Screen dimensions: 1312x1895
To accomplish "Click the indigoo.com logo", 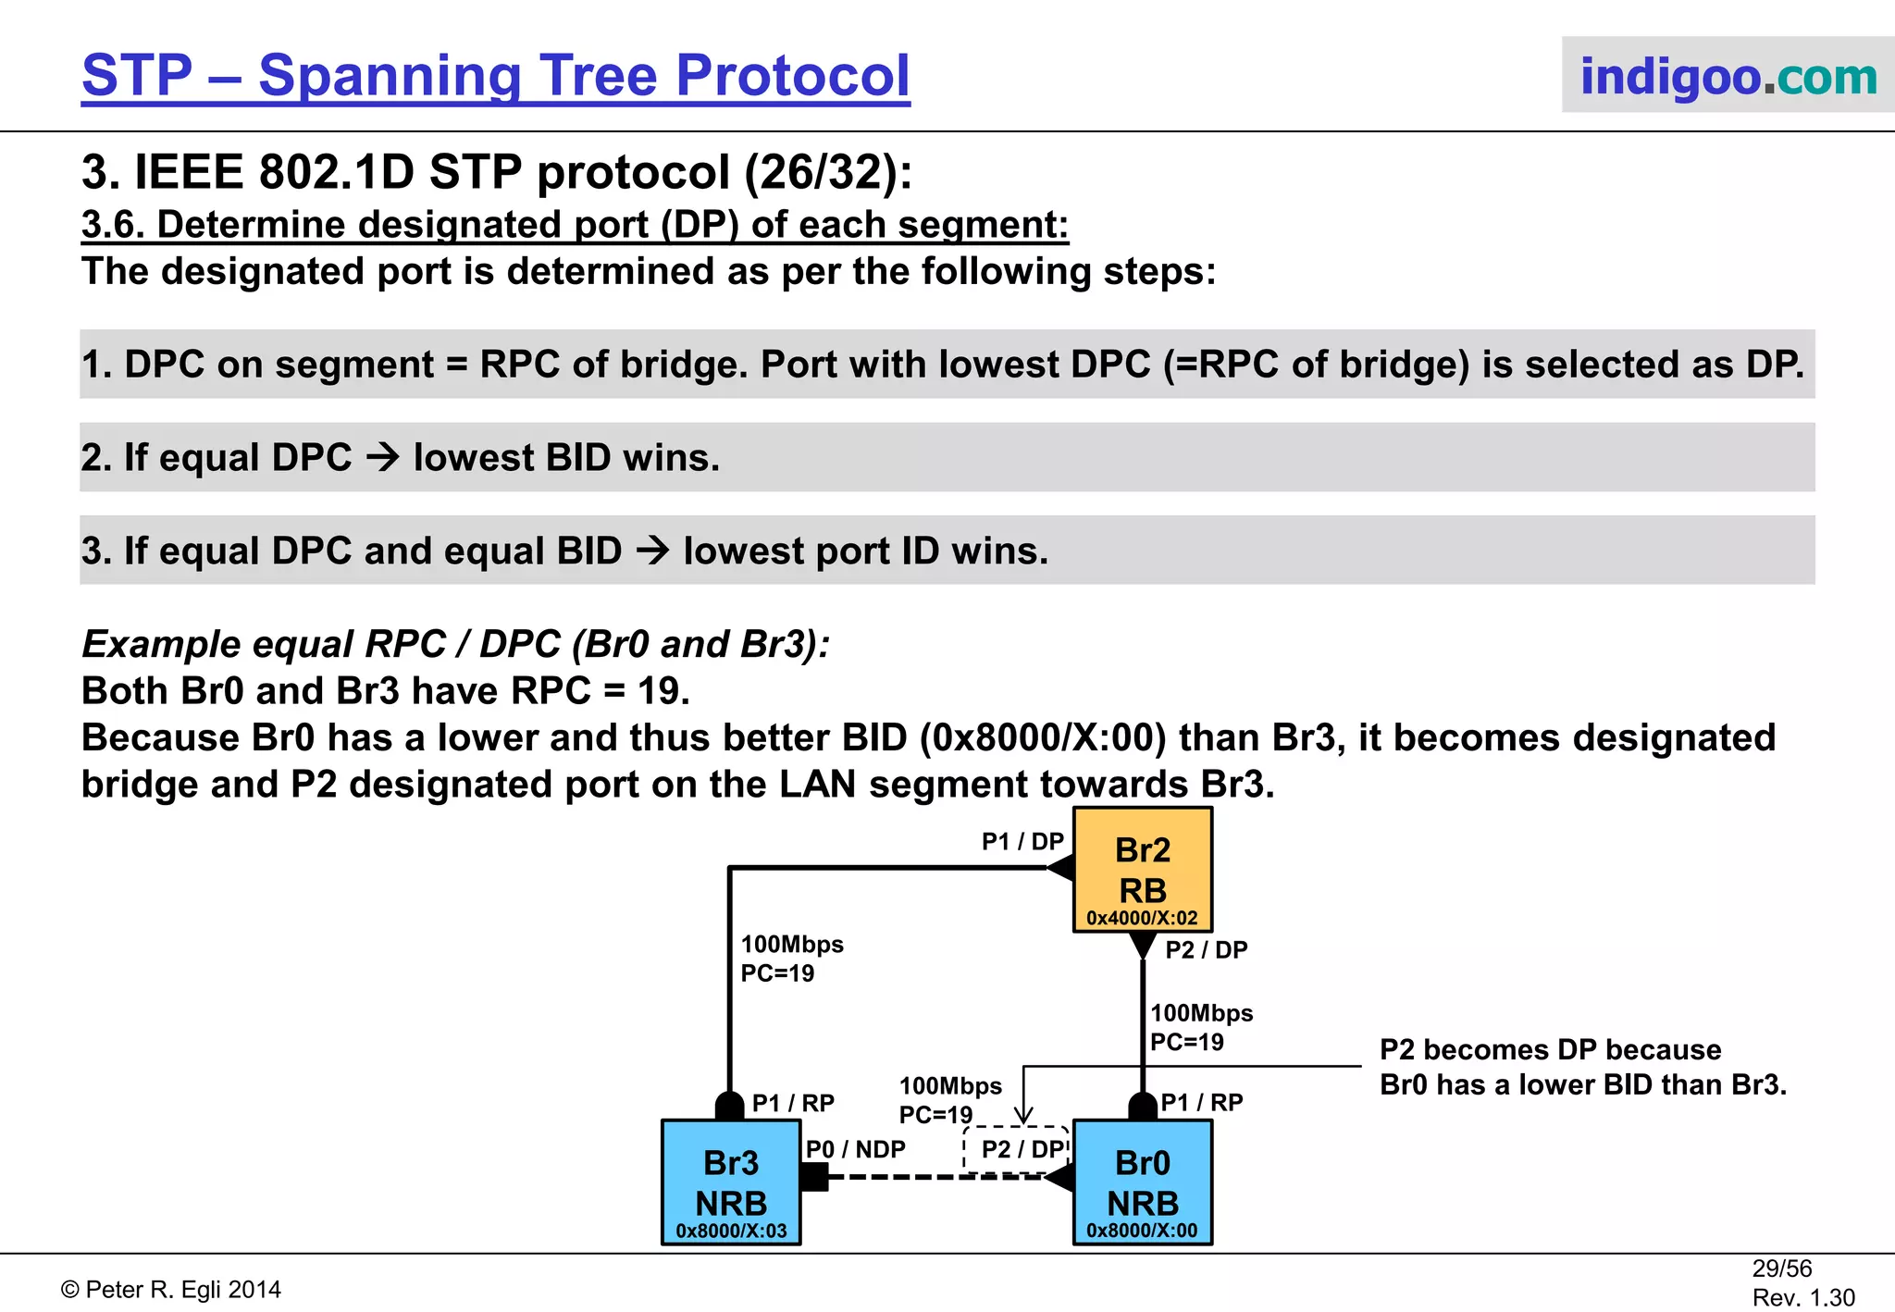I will point(1728,76).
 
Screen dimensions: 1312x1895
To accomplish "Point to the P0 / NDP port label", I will point(855,1149).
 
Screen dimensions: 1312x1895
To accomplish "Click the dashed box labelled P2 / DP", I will point(1017,1150).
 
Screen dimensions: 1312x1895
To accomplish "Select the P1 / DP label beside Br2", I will point(1022,841).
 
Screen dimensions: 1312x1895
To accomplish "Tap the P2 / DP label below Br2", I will point(1206,949).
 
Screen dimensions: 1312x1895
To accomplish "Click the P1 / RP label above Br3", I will point(793,1103).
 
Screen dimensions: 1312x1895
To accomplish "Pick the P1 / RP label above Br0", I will point(1201,1102).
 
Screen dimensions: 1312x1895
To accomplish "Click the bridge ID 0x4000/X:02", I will point(1142,918).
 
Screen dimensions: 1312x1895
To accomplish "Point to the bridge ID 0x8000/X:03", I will point(731,1231).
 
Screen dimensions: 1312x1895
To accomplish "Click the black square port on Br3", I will point(814,1177).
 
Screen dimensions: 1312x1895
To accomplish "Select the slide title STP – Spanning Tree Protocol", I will point(496,76).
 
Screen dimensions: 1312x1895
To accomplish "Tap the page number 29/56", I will point(1781,1269).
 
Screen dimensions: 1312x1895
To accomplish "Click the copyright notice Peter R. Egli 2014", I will point(171,1290).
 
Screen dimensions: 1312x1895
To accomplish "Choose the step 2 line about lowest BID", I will point(400,457).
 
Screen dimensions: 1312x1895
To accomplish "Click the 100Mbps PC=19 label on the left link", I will point(791,959).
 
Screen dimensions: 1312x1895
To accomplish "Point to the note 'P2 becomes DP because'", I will point(1550,1049).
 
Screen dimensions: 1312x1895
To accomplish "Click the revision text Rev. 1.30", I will point(1802,1297).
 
